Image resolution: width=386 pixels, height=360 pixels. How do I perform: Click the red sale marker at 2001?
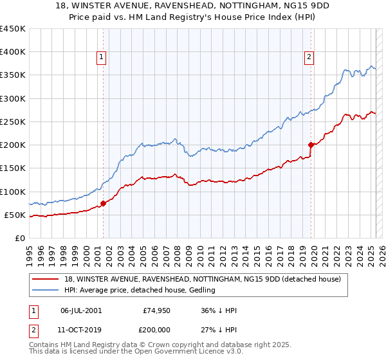(x=103, y=203)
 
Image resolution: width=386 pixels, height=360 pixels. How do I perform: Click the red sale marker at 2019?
(x=311, y=145)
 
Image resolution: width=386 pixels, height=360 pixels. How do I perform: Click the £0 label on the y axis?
(x=19, y=238)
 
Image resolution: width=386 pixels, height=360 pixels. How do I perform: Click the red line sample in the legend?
(x=46, y=279)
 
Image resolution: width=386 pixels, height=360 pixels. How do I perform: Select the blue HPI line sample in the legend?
(x=46, y=290)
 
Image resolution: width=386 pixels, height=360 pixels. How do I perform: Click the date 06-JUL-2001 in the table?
(x=81, y=311)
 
